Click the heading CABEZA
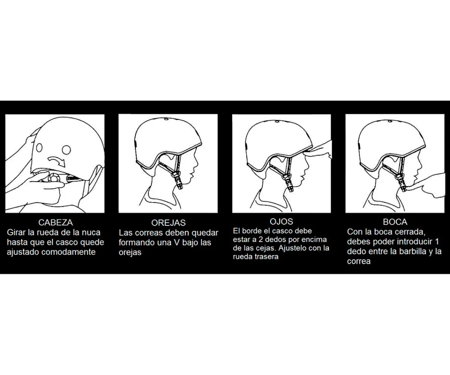tap(55, 222)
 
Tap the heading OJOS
tap(281, 222)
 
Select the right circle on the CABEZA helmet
tap(66, 150)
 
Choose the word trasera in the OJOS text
tap(264, 257)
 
